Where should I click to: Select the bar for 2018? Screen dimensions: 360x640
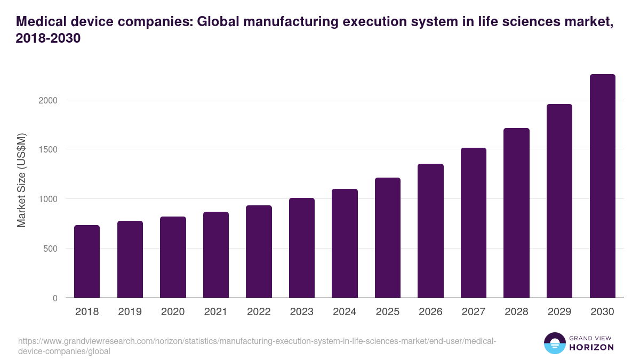click(x=87, y=261)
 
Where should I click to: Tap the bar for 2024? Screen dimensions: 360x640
click(x=345, y=243)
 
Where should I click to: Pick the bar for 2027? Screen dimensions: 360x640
click(x=474, y=222)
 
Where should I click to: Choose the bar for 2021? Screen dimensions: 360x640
click(x=216, y=254)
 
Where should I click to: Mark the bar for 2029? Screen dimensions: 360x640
click(x=559, y=201)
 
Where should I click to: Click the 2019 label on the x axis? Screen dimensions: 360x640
click(x=130, y=312)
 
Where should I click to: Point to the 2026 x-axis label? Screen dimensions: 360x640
click(x=430, y=312)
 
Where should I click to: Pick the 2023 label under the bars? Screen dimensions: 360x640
click(x=302, y=312)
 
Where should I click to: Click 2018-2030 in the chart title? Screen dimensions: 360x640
click(x=49, y=38)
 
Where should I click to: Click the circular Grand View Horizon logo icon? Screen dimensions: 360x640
click(x=555, y=343)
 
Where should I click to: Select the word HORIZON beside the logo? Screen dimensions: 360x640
click(x=591, y=347)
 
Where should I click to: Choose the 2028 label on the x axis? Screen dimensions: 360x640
click(x=516, y=312)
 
